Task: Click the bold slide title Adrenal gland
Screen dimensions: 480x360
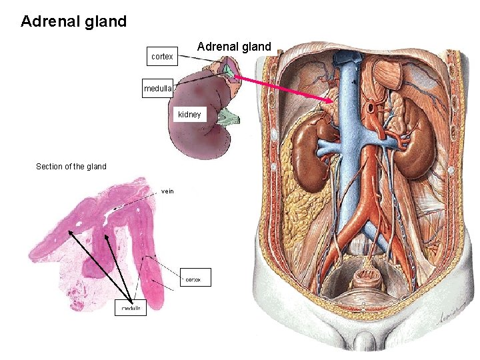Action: click(73, 21)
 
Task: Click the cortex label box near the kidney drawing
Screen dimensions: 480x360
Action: click(162, 57)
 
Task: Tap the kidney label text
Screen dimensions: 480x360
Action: click(189, 115)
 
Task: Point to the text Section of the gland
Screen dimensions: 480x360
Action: click(71, 167)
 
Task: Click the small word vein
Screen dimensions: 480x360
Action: click(167, 191)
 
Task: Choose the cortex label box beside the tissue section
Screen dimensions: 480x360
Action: click(195, 277)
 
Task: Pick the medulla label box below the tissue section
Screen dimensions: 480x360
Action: click(131, 309)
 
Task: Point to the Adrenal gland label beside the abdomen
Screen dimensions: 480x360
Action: click(234, 47)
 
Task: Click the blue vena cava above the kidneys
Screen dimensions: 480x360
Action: click(349, 87)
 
